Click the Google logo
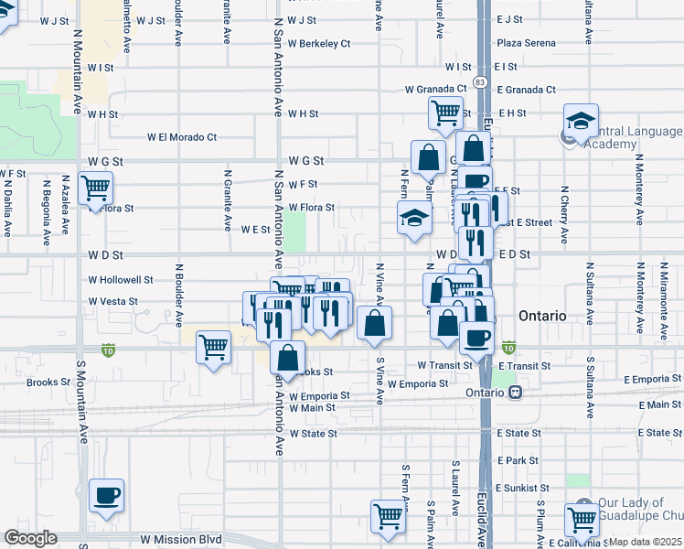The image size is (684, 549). [30, 538]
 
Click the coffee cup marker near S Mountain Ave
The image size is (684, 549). [106, 496]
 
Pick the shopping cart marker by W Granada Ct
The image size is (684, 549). [446, 113]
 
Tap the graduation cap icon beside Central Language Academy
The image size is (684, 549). [580, 121]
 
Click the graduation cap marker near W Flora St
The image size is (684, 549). [413, 219]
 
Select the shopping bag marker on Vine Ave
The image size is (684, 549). [375, 323]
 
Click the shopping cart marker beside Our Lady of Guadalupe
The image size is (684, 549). [582, 519]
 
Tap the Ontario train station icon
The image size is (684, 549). [516, 393]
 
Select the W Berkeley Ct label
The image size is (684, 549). [319, 43]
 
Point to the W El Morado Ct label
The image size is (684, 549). [182, 137]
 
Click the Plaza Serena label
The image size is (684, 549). [527, 43]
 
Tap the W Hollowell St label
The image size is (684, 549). [121, 279]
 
